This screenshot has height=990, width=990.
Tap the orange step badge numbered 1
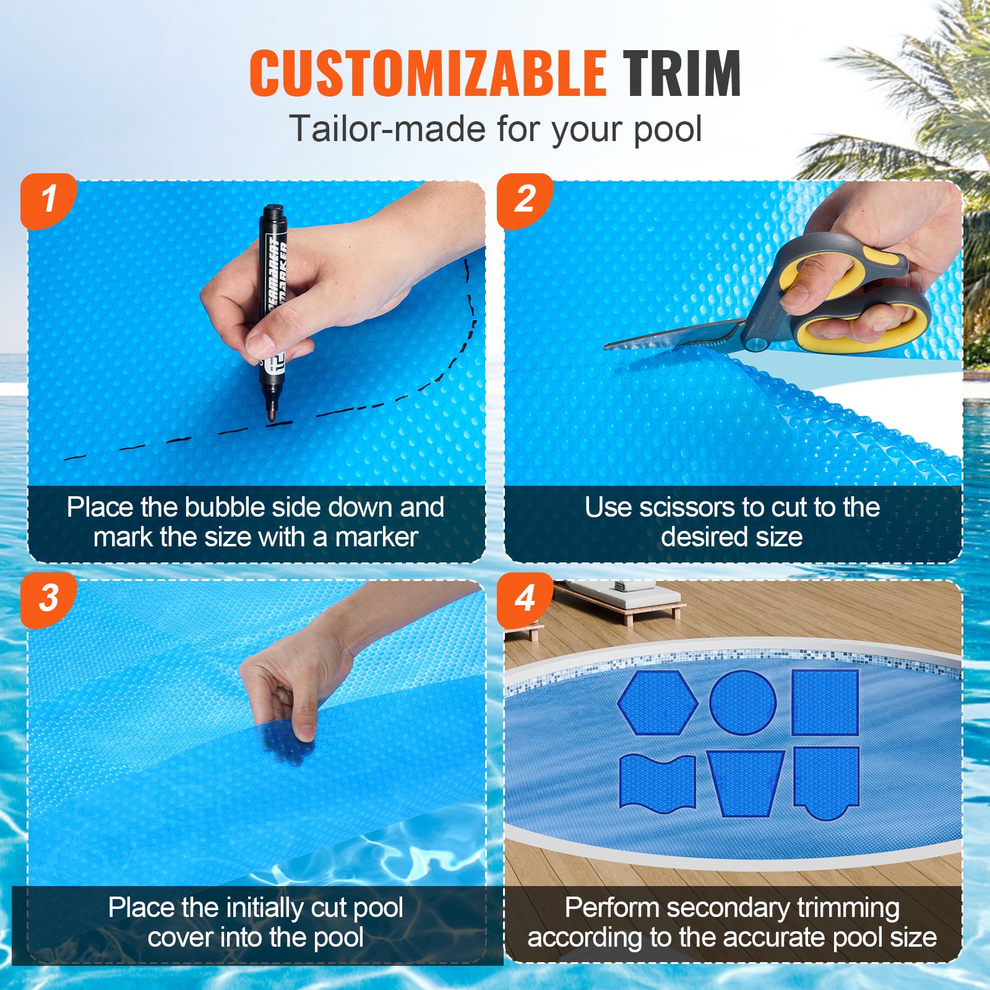[48, 199]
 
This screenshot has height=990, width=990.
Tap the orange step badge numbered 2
[525, 199]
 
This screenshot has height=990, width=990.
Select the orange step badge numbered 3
[48, 598]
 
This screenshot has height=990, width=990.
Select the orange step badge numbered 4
[525, 598]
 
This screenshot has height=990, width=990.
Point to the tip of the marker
[271, 418]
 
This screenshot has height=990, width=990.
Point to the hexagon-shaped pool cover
[658, 702]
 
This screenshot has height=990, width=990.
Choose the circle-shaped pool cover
[742, 702]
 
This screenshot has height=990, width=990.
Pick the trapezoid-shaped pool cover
[745, 783]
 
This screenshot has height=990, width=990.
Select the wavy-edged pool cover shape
[657, 781]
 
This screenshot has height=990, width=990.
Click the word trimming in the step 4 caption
[848, 908]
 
